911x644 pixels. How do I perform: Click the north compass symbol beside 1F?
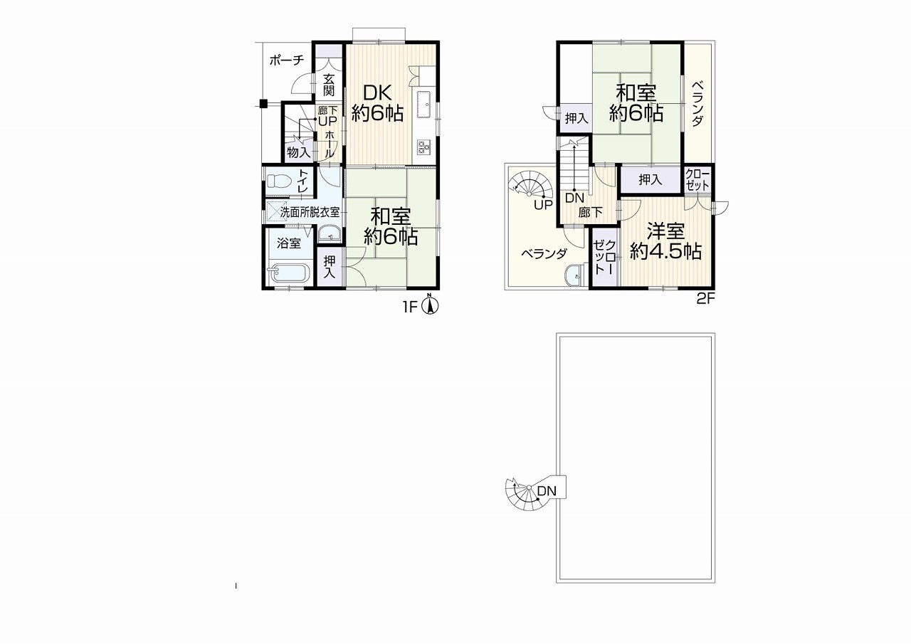click(x=430, y=305)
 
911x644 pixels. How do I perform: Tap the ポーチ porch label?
click(x=287, y=60)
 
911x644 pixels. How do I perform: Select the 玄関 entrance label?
click(x=329, y=84)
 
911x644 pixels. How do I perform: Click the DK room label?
click(x=377, y=93)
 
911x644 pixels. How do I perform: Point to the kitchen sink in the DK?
click(x=423, y=104)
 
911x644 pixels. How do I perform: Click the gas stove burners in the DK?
click(x=423, y=147)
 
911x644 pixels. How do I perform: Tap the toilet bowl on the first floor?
click(x=278, y=180)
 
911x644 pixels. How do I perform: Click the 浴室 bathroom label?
click(x=289, y=243)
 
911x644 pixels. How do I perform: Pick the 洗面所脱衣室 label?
click(x=310, y=212)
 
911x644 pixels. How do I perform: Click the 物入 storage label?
click(x=298, y=153)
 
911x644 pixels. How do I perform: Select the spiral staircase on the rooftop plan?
click(x=527, y=493)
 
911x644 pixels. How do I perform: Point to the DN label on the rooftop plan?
click(x=546, y=491)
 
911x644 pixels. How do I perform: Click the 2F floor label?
click(x=705, y=300)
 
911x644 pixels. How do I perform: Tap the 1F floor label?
click(x=411, y=307)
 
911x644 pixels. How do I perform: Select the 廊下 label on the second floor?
click(x=591, y=212)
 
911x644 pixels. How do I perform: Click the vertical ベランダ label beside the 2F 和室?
click(x=698, y=104)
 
